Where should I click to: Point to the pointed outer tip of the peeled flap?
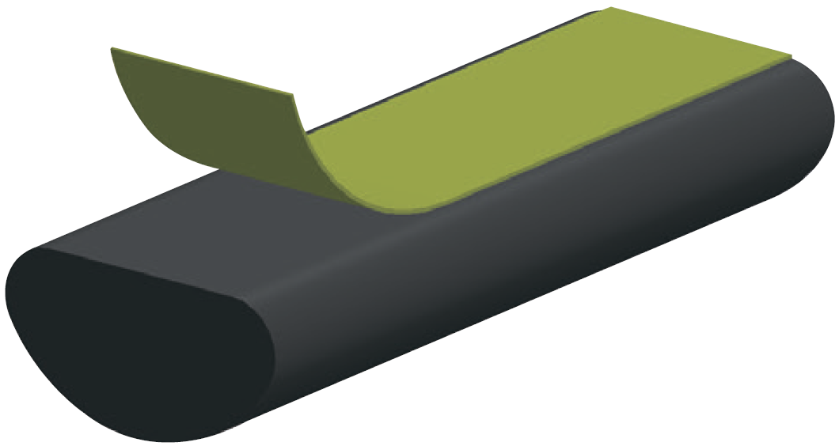112,49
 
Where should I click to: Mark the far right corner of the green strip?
791,56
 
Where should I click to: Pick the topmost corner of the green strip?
611,8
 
